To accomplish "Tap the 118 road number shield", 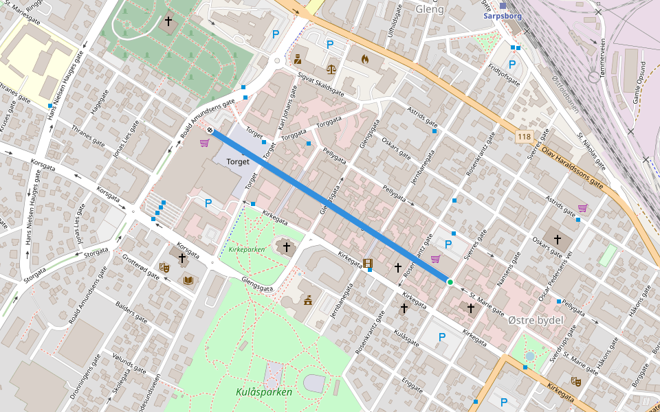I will (x=525, y=137).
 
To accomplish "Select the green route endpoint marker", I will (x=450, y=282).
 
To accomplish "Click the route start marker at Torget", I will (x=210, y=130).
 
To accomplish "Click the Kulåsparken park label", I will (x=264, y=392).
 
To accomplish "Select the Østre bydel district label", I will (x=536, y=321).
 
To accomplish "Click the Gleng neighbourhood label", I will (x=430, y=10).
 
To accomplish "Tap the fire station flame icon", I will (x=364, y=60).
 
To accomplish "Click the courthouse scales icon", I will (x=332, y=69).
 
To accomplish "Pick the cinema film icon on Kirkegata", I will (x=368, y=263).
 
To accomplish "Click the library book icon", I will (x=188, y=280).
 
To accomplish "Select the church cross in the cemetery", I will (x=168, y=21).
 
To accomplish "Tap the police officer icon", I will (x=298, y=60).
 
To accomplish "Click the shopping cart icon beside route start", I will (x=204, y=143).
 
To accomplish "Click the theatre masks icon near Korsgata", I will (x=164, y=267).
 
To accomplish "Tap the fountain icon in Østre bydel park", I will (x=529, y=356).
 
